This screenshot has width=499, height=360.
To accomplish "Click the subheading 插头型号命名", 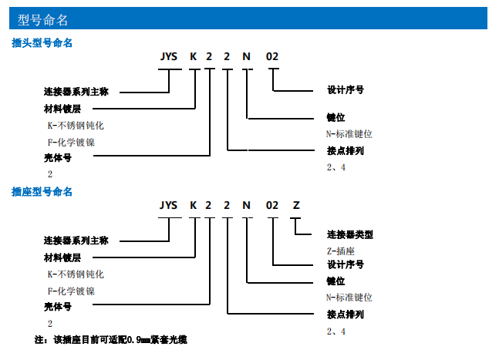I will (42, 43).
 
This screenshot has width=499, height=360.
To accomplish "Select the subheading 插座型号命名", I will (42, 191).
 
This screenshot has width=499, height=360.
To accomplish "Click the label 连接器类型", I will (350, 234).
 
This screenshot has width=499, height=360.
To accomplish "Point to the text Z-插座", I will (340, 250).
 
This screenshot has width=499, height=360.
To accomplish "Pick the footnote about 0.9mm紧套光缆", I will (111, 339).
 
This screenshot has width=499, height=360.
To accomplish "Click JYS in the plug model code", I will (169, 58).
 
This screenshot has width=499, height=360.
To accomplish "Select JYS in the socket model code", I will (168, 206).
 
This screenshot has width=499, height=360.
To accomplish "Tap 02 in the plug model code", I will (272, 58).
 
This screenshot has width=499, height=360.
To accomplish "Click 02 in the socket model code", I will (272, 206).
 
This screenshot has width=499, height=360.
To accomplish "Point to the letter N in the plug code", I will (246, 58).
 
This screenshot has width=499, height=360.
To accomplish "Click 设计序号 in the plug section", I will (346, 90).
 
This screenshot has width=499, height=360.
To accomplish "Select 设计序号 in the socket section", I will (346, 264).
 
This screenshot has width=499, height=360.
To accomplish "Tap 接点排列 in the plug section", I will (346, 150).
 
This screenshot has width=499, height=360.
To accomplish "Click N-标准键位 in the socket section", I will (349, 297).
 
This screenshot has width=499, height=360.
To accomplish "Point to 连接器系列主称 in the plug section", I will (76, 92).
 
